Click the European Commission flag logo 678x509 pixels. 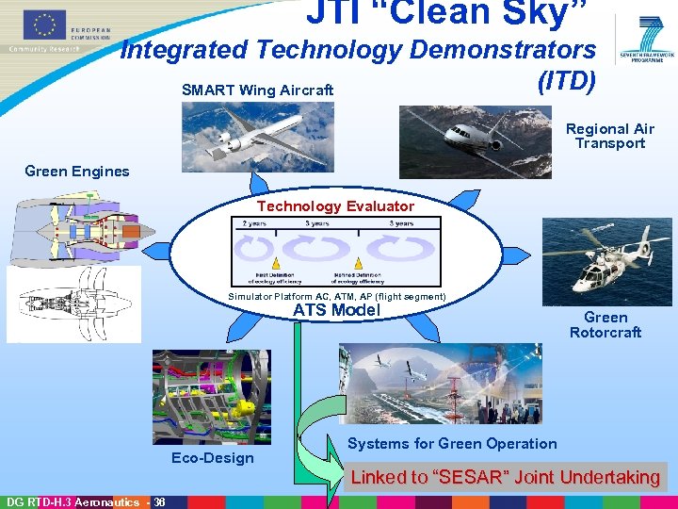coord(40,25)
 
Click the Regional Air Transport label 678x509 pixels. coord(609,136)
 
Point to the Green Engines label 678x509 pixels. coord(77,171)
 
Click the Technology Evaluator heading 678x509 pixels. coord(335,205)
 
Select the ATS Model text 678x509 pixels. coord(335,310)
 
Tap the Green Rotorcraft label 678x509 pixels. coord(605,324)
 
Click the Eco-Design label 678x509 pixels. coord(212,457)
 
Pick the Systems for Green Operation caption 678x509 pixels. coord(452,443)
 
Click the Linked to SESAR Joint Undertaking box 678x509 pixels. coord(505,477)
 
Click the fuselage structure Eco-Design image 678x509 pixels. coord(211,396)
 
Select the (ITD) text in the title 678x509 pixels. coord(565,81)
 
